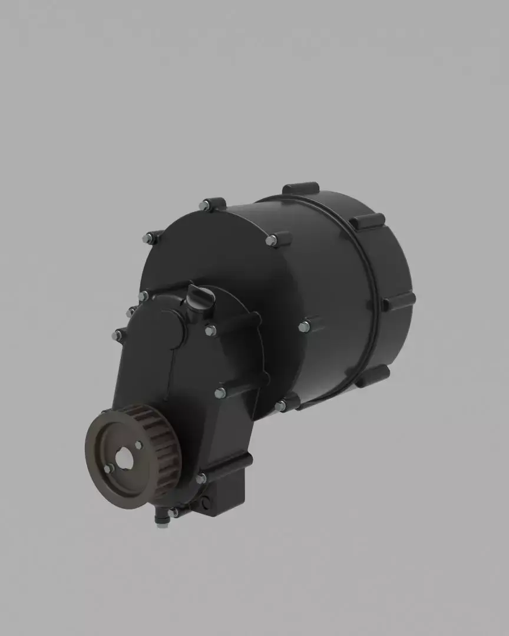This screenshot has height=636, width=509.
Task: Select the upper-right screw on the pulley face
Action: (x=138, y=445)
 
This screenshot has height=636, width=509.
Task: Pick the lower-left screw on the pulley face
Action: (x=109, y=469)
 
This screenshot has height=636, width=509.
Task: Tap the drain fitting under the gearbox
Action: (x=161, y=519)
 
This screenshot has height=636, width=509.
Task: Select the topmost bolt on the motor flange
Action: (x=205, y=205)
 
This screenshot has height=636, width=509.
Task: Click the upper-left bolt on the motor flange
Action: (x=148, y=238)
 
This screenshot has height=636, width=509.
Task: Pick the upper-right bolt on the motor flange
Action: (x=272, y=240)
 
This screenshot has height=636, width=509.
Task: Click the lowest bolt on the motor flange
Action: (x=280, y=406)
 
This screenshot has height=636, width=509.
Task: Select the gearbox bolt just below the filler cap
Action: (x=210, y=330)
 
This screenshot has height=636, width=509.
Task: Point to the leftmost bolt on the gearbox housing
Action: (x=117, y=335)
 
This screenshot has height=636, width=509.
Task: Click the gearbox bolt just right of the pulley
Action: (x=201, y=478)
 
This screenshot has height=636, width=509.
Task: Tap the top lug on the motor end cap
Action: (x=300, y=189)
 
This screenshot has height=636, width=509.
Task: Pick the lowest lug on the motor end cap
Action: (x=372, y=375)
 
